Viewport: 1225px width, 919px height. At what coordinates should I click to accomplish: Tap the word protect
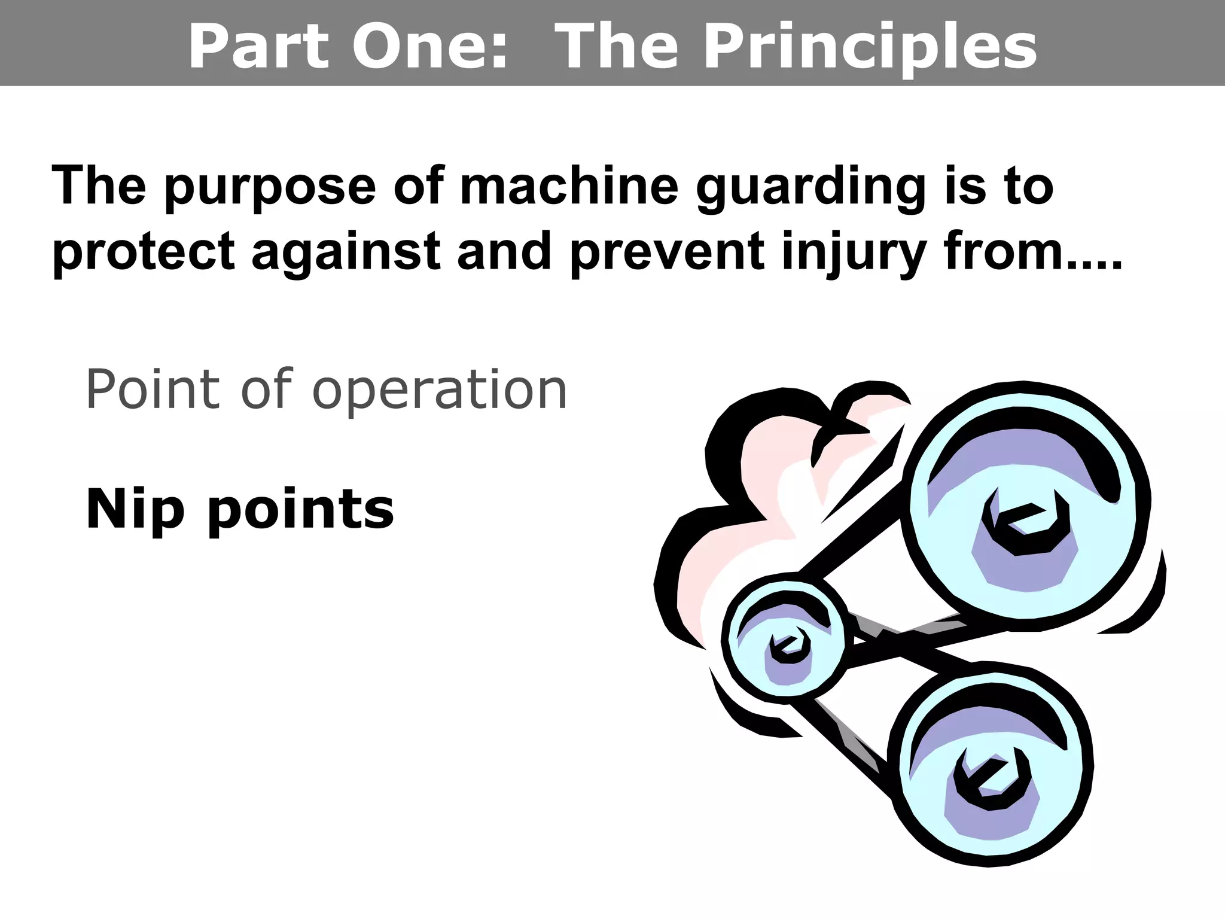point(144,252)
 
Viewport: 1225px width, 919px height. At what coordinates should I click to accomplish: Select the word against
point(345,252)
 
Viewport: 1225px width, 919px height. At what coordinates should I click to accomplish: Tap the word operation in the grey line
point(439,391)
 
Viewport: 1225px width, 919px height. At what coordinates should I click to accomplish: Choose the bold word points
point(300,510)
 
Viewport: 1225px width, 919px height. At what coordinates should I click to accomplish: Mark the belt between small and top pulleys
point(855,527)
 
